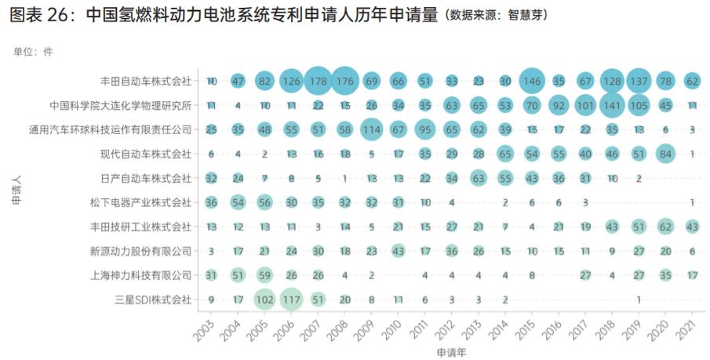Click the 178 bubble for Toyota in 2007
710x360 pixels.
point(318,81)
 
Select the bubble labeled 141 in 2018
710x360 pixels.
point(612,105)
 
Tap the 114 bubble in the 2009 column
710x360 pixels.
point(371,129)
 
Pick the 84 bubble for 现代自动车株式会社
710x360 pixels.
point(665,154)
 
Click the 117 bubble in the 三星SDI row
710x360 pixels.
point(291,299)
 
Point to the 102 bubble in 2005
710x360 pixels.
point(264,299)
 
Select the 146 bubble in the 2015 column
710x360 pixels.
point(532,81)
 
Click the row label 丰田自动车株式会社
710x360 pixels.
point(146,81)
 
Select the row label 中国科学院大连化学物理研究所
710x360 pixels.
point(121,105)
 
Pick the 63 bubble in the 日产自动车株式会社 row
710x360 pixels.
point(479,178)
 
